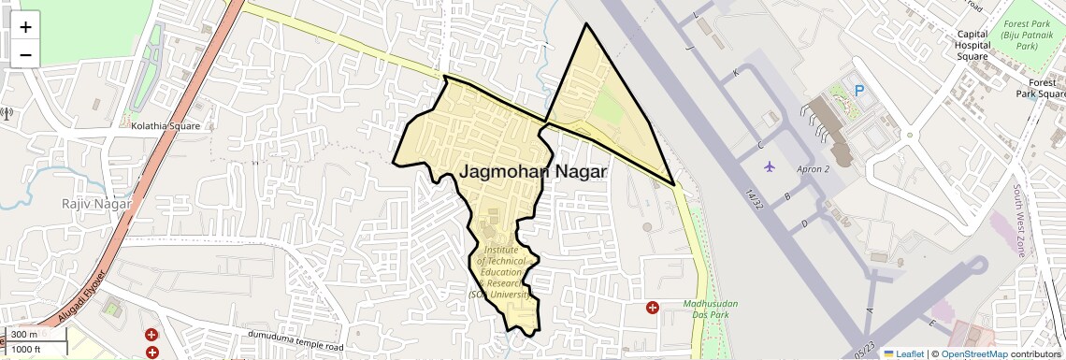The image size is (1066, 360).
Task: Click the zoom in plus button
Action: pyautogui.click(x=25, y=27)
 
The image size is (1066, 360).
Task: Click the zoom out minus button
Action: pyautogui.click(x=25, y=54)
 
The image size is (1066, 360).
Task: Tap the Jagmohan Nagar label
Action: pyautogui.click(x=532, y=172)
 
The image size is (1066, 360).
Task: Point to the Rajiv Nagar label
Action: pyautogui.click(x=95, y=203)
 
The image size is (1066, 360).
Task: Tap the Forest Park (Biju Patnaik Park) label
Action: pyautogui.click(x=1027, y=34)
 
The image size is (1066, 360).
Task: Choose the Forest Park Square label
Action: pyautogui.click(x=1040, y=88)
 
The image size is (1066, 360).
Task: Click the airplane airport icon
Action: pyautogui.click(x=770, y=166)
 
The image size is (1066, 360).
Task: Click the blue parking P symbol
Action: pyautogui.click(x=859, y=91)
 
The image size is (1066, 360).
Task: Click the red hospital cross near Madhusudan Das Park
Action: pyautogui.click(x=653, y=307)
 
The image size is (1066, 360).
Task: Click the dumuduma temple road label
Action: pyautogui.click(x=295, y=341)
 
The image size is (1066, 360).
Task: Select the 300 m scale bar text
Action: pyautogui.click(x=24, y=335)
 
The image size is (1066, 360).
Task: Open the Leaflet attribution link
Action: pyautogui.click(x=903, y=353)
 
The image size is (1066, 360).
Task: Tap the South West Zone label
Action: pyautogui.click(x=1018, y=220)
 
